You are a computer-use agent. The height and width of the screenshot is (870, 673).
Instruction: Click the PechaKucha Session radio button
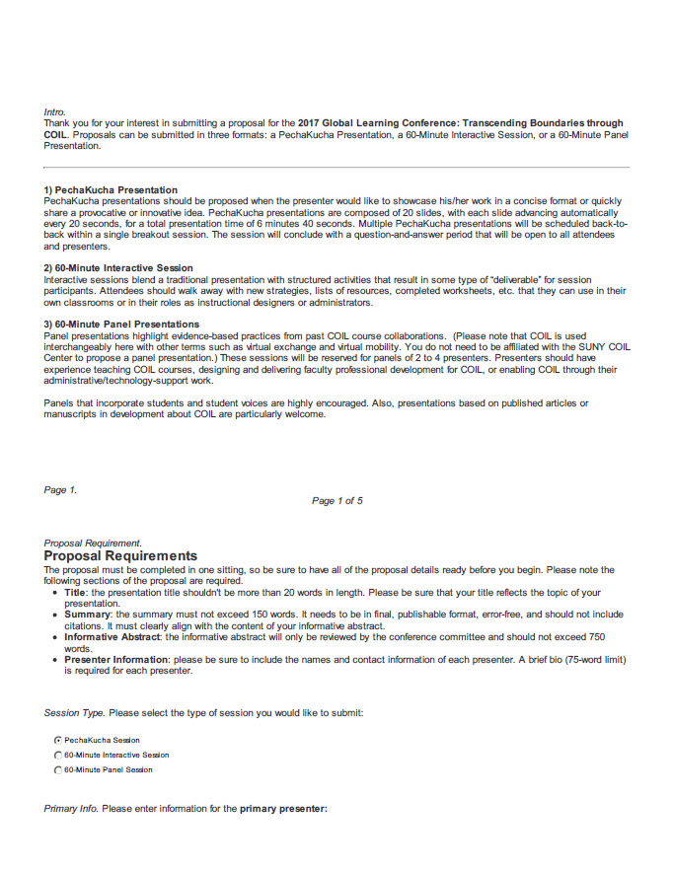[58, 740]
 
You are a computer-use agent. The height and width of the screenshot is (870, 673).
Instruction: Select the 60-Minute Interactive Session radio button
[58, 755]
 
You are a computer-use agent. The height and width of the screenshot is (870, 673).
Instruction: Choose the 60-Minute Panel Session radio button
[58, 769]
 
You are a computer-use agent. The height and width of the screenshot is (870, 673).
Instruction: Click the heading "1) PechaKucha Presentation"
[111, 189]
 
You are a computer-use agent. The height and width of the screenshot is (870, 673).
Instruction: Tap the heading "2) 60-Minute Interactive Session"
[118, 268]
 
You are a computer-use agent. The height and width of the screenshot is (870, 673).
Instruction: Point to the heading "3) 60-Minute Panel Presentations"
[121, 325]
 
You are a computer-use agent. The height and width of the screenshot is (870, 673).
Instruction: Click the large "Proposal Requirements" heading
[120, 556]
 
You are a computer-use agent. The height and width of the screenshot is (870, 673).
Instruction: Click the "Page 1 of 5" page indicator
[336, 501]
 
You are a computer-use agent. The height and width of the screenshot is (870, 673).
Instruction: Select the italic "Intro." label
[55, 112]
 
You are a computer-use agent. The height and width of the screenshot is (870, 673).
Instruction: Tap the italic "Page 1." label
[60, 490]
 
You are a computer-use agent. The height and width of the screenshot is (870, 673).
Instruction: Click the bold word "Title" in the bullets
[76, 593]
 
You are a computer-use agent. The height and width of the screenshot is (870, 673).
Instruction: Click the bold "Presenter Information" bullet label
[117, 660]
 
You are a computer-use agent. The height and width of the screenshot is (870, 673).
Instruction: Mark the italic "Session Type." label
[74, 712]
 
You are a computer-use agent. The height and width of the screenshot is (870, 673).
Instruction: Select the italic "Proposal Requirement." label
[93, 544]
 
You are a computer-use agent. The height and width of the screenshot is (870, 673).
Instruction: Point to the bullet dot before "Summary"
[54, 615]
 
